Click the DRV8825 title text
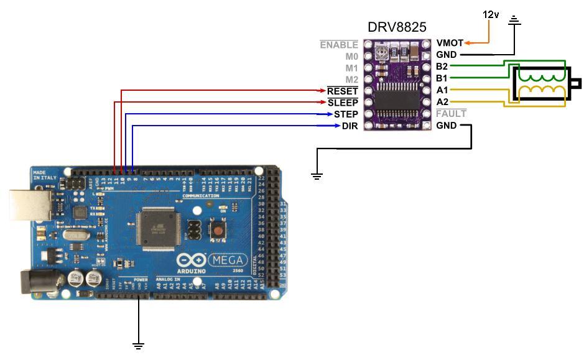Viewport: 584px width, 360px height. (397, 27)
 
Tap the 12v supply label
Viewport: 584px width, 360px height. (491, 14)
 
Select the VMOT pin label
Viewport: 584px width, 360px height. (449, 43)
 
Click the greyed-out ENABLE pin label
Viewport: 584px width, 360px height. (339, 45)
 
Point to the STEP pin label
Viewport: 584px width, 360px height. (346, 114)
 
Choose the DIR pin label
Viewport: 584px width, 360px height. (350, 126)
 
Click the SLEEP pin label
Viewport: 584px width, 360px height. (343, 103)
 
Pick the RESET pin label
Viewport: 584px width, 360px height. (343, 91)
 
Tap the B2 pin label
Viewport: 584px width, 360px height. (442, 67)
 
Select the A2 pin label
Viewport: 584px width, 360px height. (442, 102)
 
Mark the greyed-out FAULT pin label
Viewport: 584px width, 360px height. (451, 114)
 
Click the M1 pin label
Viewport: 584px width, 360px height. (351, 68)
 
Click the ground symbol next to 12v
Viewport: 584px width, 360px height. (514, 21)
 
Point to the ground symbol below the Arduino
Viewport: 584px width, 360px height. (138, 345)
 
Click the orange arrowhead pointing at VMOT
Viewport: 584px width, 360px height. (468, 43)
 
